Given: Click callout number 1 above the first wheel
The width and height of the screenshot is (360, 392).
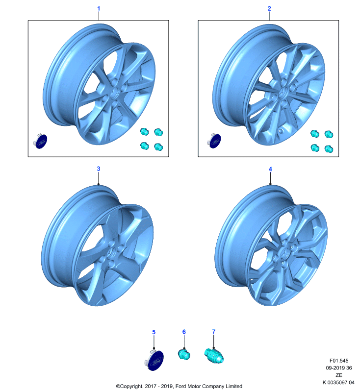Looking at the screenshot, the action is point(99,8).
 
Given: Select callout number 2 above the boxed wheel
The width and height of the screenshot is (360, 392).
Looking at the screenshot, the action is point(269,8).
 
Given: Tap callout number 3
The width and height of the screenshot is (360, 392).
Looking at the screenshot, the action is point(99,169).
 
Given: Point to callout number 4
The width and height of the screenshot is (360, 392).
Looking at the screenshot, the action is point(270,169).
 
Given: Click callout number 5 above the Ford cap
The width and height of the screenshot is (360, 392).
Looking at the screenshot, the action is point(154,332).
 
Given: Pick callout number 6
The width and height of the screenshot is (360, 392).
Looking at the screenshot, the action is point(184,332).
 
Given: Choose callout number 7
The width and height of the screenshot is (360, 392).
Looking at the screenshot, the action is point(214,332).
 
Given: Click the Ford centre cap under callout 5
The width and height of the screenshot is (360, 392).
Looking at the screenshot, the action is point(154,360).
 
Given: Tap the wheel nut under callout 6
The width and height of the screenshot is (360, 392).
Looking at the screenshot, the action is point(184,354).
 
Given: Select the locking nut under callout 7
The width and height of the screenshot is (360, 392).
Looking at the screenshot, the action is point(214,356).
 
